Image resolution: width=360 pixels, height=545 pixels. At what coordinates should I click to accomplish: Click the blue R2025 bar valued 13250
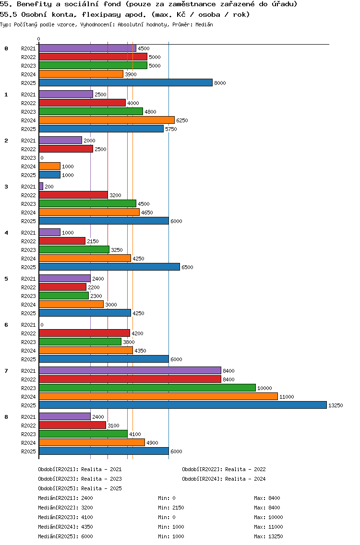pos(182,405)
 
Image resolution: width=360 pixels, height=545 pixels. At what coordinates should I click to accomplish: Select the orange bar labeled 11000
pos(158,396)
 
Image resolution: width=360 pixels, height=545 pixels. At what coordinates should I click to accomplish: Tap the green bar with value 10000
pos(147,388)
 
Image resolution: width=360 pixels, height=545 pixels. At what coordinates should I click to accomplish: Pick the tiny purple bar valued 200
pos(41,186)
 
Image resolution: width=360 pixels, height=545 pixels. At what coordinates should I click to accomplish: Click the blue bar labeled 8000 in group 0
pos(125,83)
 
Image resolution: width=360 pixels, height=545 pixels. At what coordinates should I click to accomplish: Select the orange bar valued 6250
pos(107,120)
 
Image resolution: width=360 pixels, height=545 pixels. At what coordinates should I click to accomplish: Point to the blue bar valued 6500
pos(109,267)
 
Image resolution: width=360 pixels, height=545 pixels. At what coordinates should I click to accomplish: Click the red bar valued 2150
pos(62,241)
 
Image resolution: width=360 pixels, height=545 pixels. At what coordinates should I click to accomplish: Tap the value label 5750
pos(171,129)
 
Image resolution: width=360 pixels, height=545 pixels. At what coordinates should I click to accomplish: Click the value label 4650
pos(147,213)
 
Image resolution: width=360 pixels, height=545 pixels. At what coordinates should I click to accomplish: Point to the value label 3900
pos(131,74)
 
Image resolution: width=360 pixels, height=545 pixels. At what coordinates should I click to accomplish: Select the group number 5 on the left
pos(6,279)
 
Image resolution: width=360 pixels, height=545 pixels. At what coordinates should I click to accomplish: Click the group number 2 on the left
pos(6,141)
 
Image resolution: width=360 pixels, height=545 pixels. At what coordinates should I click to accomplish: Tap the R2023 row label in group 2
pos(28,158)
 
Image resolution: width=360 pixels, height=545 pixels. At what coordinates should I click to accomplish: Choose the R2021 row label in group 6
pos(28,325)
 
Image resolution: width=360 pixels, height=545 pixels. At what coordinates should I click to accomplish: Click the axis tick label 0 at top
pos(39,39)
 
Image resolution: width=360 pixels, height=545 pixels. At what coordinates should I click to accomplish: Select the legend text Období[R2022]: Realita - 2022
pos(224,469)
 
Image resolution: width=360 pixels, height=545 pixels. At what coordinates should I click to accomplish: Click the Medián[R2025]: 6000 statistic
pos(65,536)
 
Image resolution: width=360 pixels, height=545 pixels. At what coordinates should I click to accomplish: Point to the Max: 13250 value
pos(268,536)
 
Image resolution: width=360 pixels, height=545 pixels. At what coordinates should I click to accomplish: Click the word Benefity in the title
pos(34,4)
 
